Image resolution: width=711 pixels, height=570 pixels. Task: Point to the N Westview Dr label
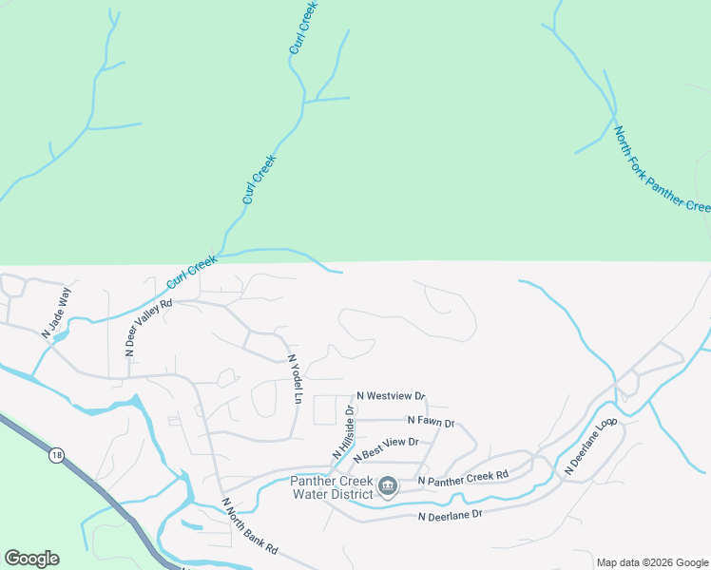pyautogui.click(x=391, y=396)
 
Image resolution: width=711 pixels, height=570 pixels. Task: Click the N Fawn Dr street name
pyautogui.click(x=431, y=421)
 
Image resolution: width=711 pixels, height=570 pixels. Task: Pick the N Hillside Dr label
pyautogui.click(x=343, y=434)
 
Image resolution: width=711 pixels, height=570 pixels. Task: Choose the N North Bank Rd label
pyautogui.click(x=249, y=526)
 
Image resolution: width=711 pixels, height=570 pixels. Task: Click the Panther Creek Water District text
pyautogui.click(x=334, y=487)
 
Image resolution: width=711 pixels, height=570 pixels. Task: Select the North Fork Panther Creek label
pyautogui.click(x=662, y=170)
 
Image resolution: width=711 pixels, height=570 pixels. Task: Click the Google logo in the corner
pyautogui.click(x=31, y=559)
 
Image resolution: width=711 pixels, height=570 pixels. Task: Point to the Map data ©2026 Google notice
pyautogui.click(x=652, y=562)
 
